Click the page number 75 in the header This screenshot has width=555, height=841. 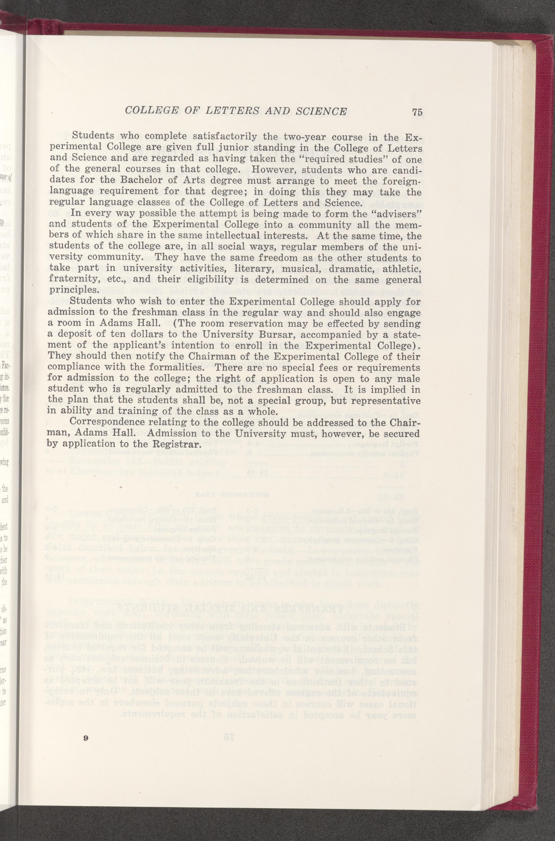[x=417, y=112]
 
